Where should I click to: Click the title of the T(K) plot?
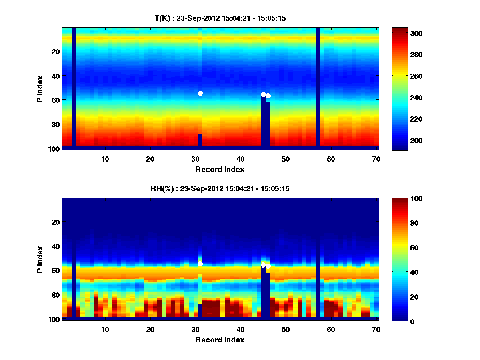(220, 18)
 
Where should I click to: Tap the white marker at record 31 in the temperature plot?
(200, 93)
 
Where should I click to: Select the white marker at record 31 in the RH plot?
(200, 264)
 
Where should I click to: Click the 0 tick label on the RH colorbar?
(398, 321)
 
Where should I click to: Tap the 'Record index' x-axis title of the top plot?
(220, 169)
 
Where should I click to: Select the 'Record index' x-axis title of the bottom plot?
(220, 340)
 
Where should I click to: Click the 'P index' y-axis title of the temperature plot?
(40, 87)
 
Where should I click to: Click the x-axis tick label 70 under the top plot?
(376, 159)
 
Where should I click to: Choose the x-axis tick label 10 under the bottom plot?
(105, 329)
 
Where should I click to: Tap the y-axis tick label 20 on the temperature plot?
(55, 51)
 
